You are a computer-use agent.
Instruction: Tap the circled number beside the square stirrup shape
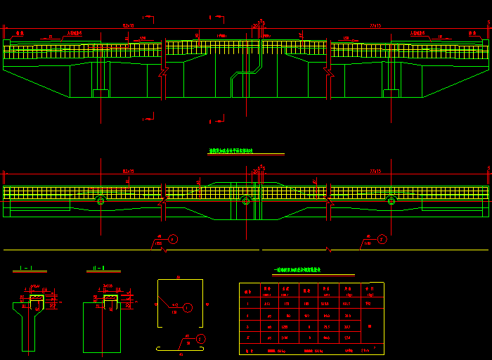pyautogui.click(x=188, y=307)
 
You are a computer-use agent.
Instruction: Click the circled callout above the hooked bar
pyautogui.click(x=201, y=339)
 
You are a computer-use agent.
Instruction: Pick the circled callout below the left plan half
pyautogui.click(x=174, y=239)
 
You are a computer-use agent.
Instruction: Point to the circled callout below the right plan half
pyautogui.click(x=382, y=239)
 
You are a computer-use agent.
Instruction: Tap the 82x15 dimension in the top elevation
pyautogui.click(x=128, y=25)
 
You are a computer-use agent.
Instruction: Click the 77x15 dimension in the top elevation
pyautogui.click(x=375, y=25)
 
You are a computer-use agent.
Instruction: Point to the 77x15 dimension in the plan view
pyautogui.click(x=375, y=171)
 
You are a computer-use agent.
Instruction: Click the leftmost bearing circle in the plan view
pyautogui.click(x=101, y=201)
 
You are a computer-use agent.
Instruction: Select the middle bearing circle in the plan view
pyautogui.click(x=245, y=201)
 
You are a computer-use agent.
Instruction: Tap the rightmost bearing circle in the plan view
pyautogui.click(x=391, y=201)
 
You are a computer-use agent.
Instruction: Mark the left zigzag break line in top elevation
pyautogui.click(x=164, y=72)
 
